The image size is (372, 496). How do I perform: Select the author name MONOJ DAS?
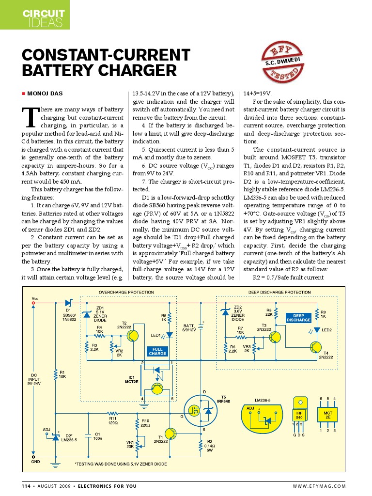click(45, 93)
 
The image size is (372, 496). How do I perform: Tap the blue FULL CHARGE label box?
click(157, 351)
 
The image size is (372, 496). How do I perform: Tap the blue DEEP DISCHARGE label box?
click(298, 318)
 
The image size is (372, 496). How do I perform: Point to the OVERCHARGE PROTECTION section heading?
click(126, 293)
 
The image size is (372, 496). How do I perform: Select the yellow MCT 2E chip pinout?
click(327, 415)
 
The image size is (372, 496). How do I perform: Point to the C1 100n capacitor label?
click(97, 436)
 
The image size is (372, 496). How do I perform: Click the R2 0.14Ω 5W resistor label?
click(210, 445)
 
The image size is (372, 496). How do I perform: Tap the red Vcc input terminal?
click(33, 303)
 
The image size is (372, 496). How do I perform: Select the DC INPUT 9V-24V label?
click(34, 378)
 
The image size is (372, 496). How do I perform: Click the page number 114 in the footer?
click(27, 486)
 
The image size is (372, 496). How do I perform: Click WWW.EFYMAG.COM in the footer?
click(319, 486)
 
